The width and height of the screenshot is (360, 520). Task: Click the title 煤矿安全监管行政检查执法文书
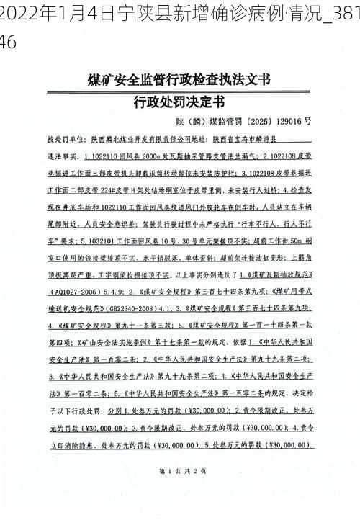tap(179, 77)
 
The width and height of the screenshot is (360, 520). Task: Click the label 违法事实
tap(60, 155)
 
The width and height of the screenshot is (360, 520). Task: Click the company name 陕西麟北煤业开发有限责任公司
tap(140, 139)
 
